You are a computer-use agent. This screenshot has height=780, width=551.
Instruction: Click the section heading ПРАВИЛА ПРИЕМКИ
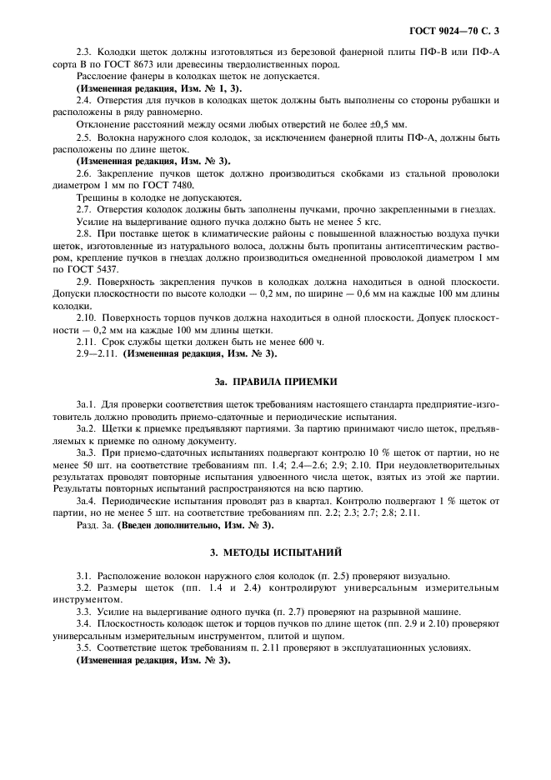tap(284, 382)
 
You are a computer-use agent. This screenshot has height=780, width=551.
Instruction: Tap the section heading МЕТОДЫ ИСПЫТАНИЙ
tap(284, 552)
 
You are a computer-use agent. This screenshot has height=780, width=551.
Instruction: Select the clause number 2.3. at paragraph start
tap(86, 54)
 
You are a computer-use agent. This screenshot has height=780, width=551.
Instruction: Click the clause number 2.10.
tap(88, 317)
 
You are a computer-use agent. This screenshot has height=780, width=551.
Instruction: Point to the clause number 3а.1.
tap(88, 403)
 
